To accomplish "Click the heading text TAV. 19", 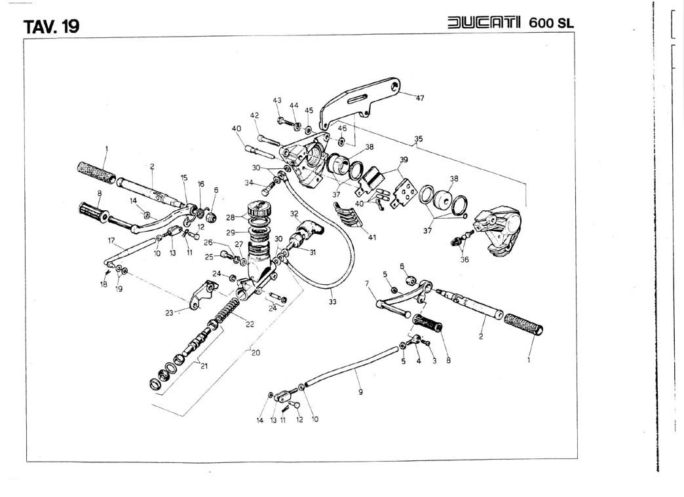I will [51, 27].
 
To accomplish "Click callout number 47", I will [419, 99].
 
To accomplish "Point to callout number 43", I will [277, 100].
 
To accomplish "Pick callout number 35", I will [419, 139].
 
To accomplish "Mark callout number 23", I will [169, 312].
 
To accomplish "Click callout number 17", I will [111, 240].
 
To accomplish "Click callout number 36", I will [465, 259].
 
